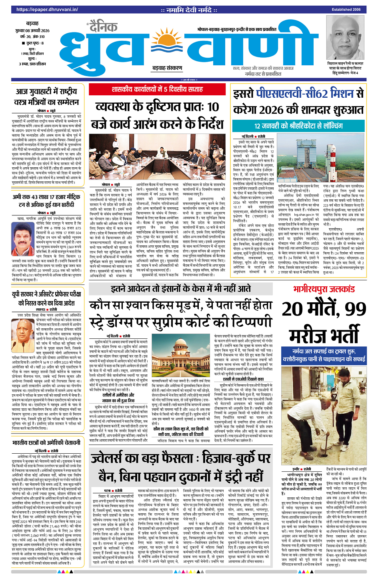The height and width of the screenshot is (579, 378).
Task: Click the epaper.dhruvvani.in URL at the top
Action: click(47, 9)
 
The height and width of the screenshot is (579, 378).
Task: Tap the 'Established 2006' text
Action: click(346, 9)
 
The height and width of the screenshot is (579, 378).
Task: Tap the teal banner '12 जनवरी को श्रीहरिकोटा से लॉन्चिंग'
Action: click(298, 126)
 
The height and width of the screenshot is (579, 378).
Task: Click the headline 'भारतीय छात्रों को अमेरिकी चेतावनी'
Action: click(46, 443)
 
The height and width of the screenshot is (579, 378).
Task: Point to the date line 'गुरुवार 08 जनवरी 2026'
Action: click(32, 30)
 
